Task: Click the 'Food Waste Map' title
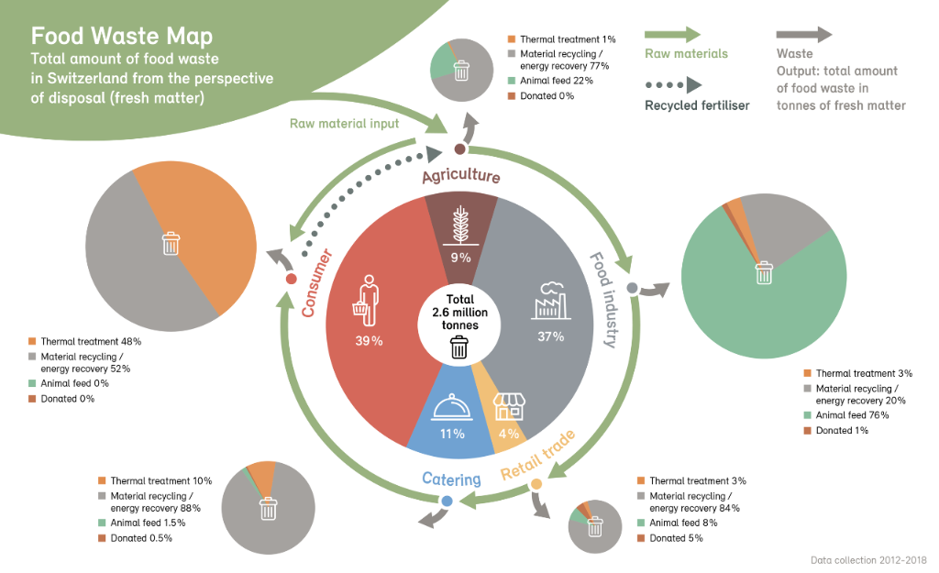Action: click(122, 36)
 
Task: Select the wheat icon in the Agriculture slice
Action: click(461, 225)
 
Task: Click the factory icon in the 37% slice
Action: click(551, 298)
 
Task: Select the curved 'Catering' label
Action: click(451, 479)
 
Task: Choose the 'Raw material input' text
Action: click(344, 123)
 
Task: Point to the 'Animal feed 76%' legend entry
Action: click(852, 415)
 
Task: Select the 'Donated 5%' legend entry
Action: click(676, 538)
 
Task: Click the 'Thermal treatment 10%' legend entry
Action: click(160, 480)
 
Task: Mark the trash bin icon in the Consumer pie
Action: click(171, 244)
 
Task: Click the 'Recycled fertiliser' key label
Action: click(697, 105)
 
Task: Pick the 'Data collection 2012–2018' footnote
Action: click(868, 559)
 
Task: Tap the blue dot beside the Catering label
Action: click(447, 501)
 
